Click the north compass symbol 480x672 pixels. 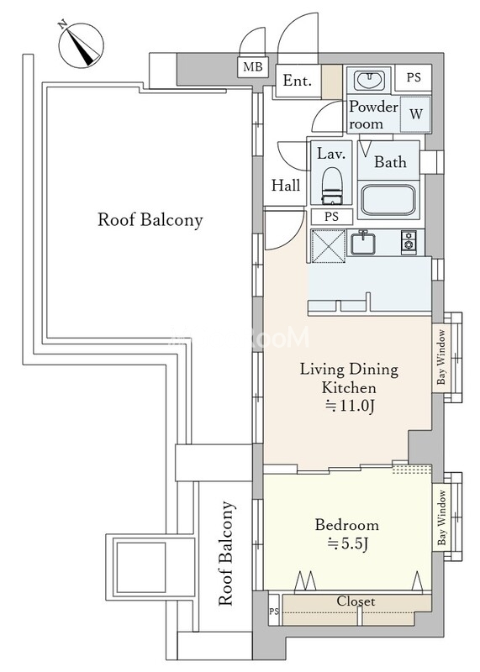[81, 44]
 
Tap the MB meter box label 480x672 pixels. [253, 67]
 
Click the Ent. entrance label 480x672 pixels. [297, 81]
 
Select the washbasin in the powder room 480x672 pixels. [368, 80]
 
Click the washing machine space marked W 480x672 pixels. [415, 114]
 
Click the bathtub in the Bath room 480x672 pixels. [388, 201]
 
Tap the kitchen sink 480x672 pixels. [363, 243]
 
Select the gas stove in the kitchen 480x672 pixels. [409, 242]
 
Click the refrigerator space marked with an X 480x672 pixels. [329, 245]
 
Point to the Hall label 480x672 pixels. [286, 186]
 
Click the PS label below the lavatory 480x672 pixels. [331, 217]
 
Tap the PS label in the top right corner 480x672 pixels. [414, 78]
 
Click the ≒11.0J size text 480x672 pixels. [350, 406]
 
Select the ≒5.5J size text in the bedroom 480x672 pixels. [348, 543]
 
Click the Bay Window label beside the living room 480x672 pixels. [441, 357]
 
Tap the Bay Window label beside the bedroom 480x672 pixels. [441, 517]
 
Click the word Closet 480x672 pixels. [356, 601]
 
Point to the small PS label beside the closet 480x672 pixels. [274, 612]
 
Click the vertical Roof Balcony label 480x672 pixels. [226, 554]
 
